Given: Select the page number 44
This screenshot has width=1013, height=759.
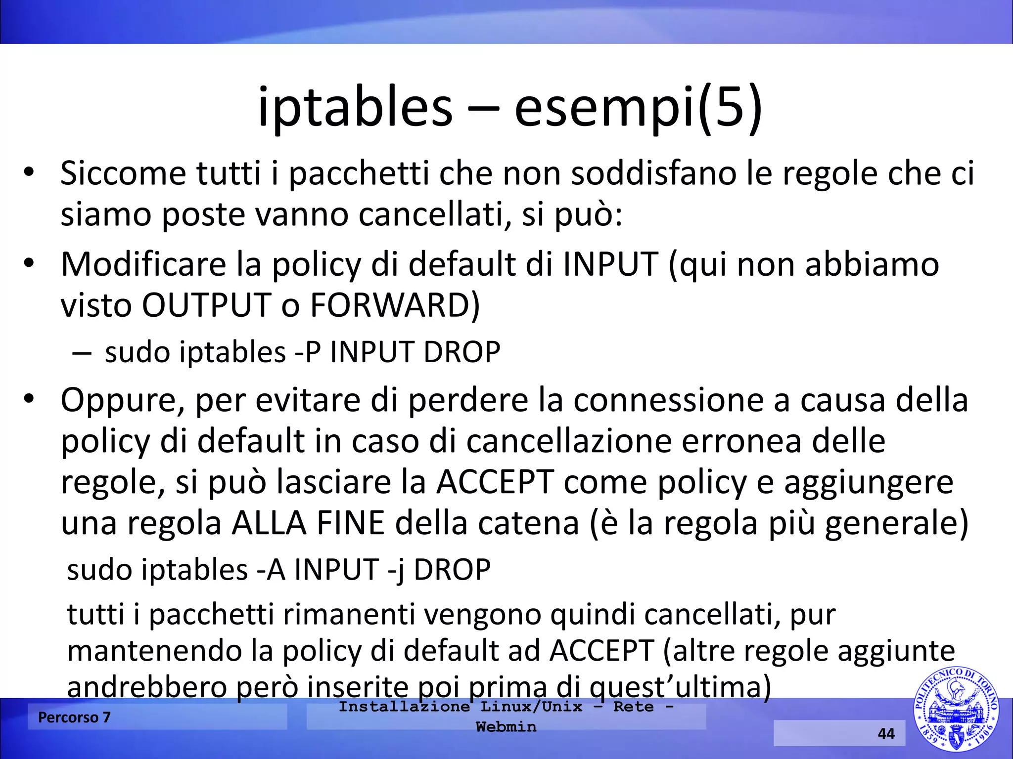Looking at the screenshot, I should click(886, 733).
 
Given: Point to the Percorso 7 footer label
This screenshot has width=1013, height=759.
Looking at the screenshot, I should click(74, 717).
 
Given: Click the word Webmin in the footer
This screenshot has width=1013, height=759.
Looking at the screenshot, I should click(506, 727).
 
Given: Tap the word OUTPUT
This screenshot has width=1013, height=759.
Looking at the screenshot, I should click(206, 305).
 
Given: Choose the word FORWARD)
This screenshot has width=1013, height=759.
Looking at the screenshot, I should click(395, 305).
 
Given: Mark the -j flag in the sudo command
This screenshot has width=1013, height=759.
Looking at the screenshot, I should click(396, 570).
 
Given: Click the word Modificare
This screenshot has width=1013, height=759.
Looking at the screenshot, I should click(143, 264).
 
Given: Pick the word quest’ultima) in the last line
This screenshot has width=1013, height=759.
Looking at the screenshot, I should click(680, 687).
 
